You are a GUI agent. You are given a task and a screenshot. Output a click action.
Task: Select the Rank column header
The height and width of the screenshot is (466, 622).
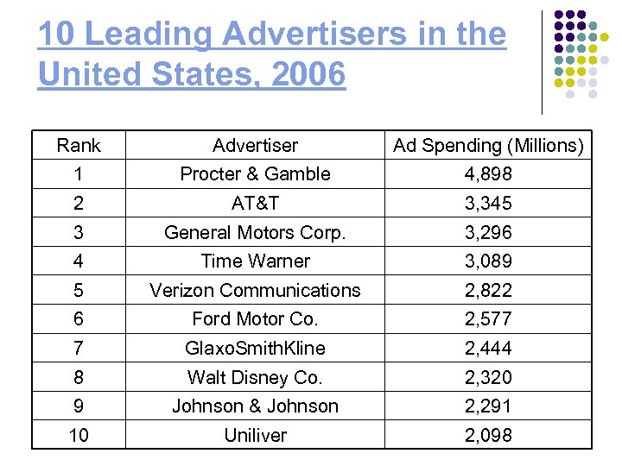point(79,146)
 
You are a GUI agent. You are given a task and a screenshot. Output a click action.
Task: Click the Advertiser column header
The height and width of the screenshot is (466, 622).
point(255,146)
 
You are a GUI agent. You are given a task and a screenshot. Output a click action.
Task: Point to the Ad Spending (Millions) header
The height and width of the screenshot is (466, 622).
point(488,146)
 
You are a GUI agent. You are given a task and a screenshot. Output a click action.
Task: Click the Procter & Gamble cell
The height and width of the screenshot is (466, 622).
point(255,174)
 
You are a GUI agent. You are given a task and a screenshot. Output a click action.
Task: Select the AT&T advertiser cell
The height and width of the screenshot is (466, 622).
point(255,204)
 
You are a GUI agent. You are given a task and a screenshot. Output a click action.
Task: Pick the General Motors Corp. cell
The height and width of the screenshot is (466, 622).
point(255,232)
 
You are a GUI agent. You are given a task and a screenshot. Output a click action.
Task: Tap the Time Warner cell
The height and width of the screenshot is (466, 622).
point(255,261)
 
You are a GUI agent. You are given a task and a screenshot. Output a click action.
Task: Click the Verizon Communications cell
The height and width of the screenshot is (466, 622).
point(255,290)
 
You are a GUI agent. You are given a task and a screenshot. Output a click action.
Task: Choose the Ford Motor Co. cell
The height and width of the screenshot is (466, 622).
point(255,318)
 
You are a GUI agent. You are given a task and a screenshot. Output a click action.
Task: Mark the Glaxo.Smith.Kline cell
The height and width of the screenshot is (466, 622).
point(255,348)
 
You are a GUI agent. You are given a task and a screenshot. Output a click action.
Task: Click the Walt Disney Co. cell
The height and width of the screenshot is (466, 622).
point(255,377)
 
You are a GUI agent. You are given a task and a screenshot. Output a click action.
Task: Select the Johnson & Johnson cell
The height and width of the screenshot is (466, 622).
point(255,406)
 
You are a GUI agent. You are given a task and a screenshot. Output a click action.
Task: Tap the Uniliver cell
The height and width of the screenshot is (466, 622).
point(255,436)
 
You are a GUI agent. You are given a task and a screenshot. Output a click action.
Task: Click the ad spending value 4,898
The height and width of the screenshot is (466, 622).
point(488,174)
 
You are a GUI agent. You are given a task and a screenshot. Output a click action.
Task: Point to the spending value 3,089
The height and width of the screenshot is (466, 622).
point(488,261)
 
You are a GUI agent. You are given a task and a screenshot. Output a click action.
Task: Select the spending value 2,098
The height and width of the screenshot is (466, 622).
point(488,436)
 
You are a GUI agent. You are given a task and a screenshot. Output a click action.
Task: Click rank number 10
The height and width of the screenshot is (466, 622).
point(79,436)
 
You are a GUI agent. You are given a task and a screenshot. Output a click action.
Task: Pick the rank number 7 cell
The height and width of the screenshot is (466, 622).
point(79,348)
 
